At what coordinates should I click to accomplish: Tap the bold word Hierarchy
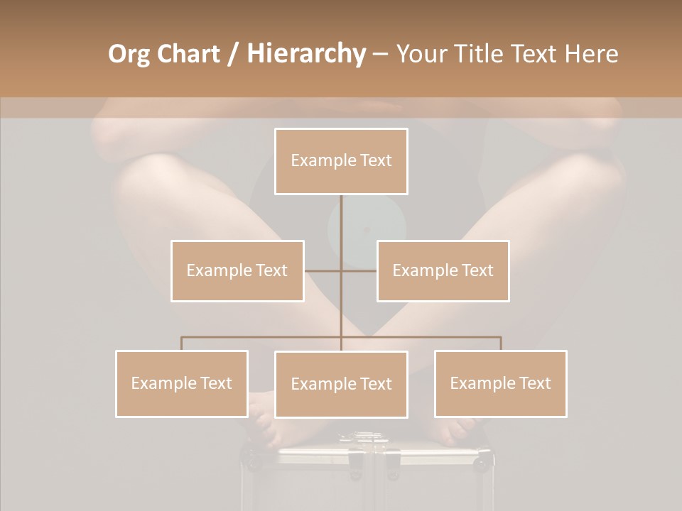pos(306,54)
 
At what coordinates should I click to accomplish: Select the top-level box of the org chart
pos(341,161)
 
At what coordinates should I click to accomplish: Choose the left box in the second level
pos(237,270)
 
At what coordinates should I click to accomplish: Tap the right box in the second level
pos(443,270)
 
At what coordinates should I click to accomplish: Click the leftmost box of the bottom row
pos(182,383)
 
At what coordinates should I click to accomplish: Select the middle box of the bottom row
pos(341,384)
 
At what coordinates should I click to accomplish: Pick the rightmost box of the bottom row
pos(500,383)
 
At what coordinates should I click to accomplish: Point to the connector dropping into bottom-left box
pos(182,344)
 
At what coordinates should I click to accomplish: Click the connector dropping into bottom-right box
pos(501,344)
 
